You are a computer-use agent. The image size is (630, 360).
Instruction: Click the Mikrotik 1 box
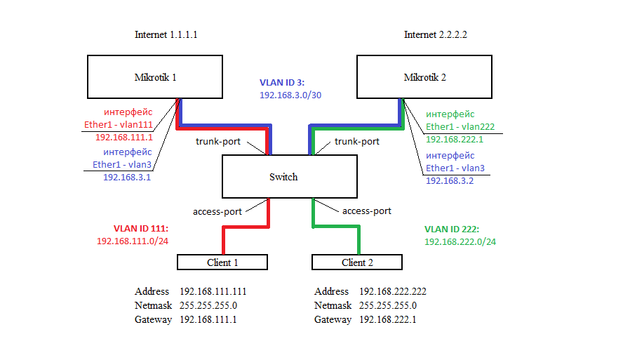pyautogui.click(x=154, y=77)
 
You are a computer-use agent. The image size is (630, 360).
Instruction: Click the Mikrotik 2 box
pyautogui.click(x=424, y=77)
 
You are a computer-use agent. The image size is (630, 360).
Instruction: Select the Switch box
pyautogui.click(x=283, y=177)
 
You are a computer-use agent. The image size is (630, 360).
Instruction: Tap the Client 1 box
pyautogui.click(x=222, y=262)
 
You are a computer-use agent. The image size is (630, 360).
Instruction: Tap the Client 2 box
pyautogui.click(x=357, y=262)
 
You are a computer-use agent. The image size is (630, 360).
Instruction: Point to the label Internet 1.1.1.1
pyautogui.click(x=166, y=34)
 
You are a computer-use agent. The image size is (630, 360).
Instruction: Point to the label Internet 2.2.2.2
pyautogui.click(x=436, y=34)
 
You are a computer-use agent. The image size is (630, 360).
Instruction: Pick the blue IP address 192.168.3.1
pyautogui.click(x=127, y=178)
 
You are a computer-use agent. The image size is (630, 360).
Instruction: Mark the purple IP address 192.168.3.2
pyautogui.click(x=450, y=180)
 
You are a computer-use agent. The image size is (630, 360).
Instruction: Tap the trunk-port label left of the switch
pyautogui.click(x=217, y=142)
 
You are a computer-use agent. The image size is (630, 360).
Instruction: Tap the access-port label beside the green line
pyautogui.click(x=367, y=211)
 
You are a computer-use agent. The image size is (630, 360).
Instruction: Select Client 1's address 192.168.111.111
pyautogui.click(x=213, y=291)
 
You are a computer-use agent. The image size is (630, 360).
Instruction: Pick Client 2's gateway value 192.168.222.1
pyautogui.click(x=387, y=319)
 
